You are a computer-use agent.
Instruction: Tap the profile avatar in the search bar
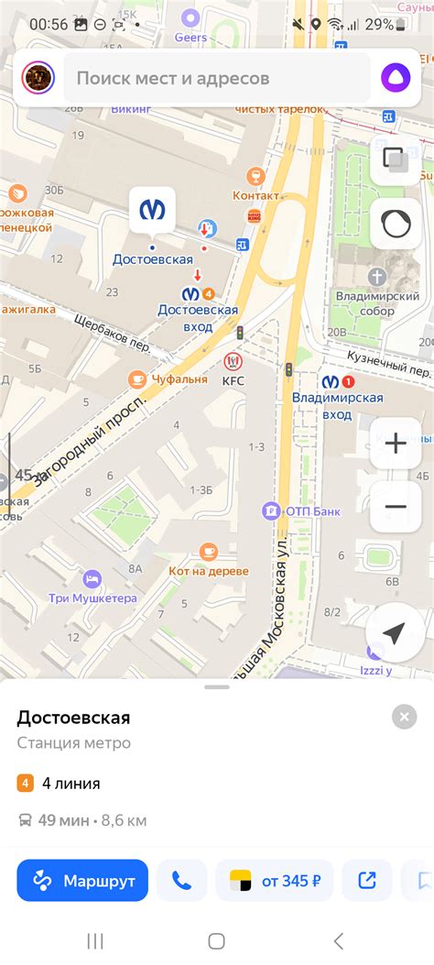tap(38, 78)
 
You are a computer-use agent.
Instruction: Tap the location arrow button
tap(395, 633)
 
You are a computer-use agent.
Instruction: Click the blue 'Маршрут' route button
tap(82, 881)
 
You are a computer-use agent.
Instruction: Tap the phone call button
tap(181, 881)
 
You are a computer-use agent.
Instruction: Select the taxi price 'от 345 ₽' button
tap(275, 881)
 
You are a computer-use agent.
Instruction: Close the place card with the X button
tap(404, 717)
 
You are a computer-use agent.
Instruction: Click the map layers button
tap(396, 160)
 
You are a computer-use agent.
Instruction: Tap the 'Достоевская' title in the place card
tap(73, 717)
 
